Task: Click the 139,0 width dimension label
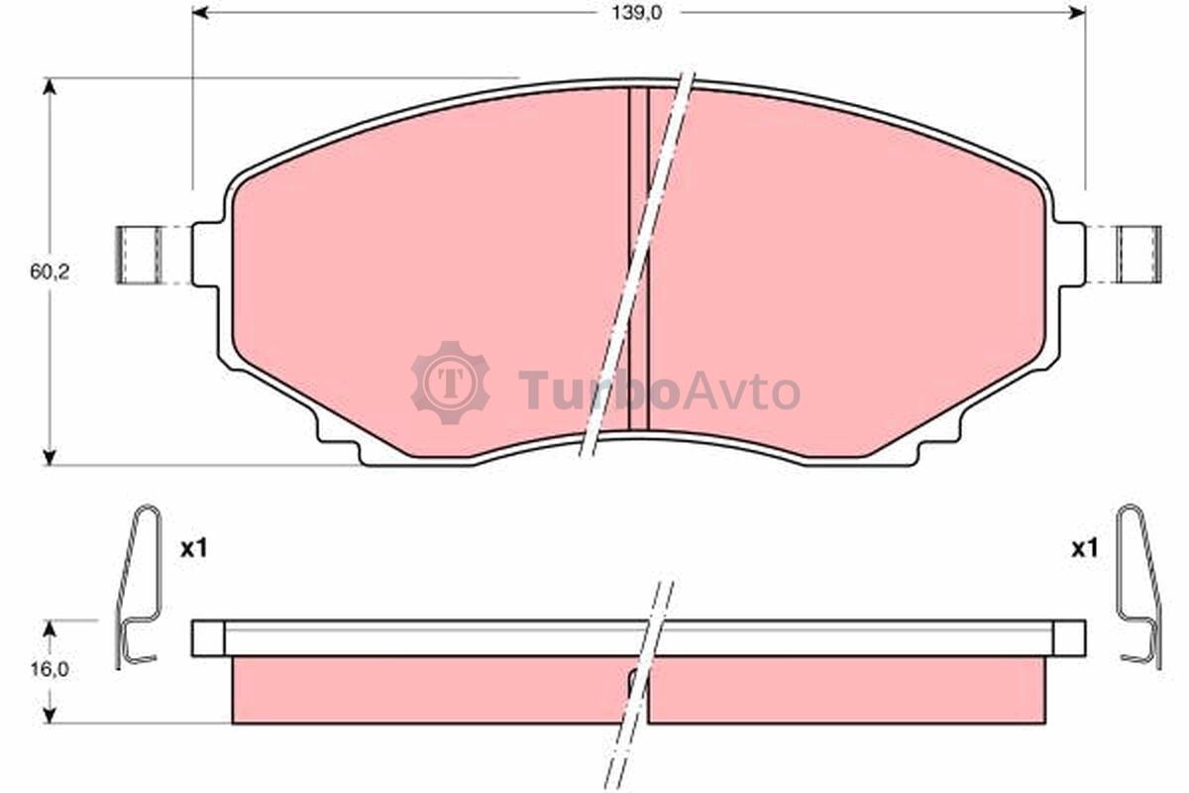point(637,13)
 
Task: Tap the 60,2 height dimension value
point(50,272)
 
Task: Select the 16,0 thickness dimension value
point(50,670)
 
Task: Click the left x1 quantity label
point(194,549)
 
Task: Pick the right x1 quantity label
point(1084,549)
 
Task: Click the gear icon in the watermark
point(451,383)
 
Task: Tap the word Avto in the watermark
point(741,392)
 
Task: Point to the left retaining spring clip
point(137,587)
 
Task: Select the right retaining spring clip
point(1139,587)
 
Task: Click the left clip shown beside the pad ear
point(139,255)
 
